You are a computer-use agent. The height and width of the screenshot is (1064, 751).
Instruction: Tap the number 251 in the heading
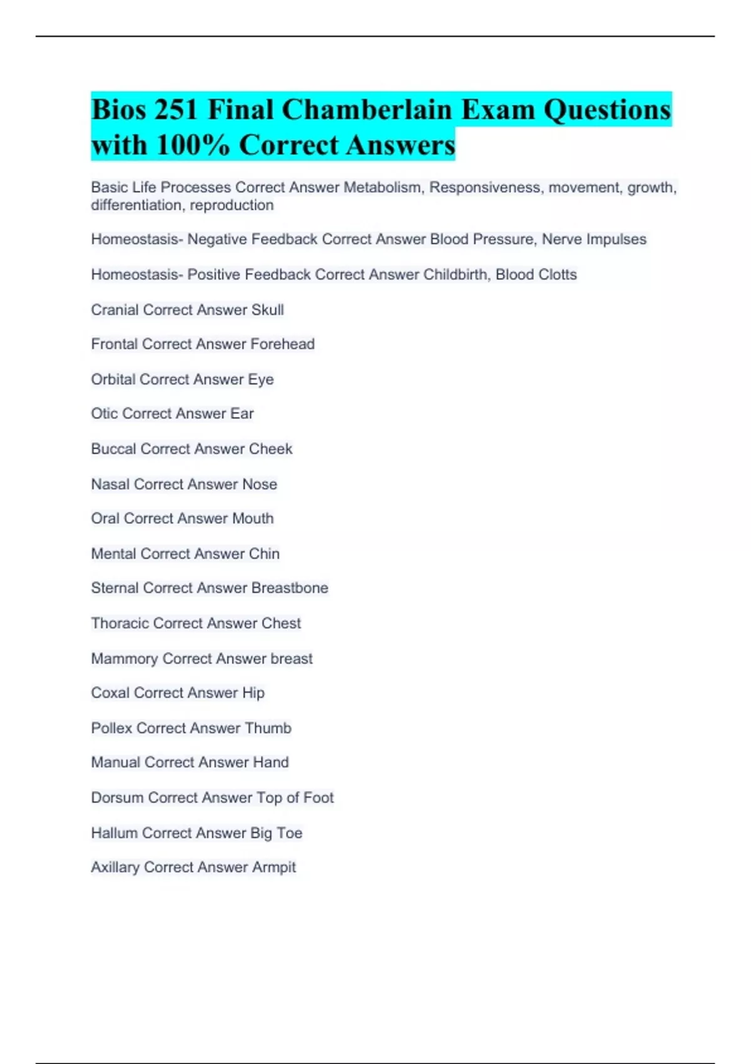(x=176, y=110)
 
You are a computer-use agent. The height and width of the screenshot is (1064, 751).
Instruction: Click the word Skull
(x=267, y=310)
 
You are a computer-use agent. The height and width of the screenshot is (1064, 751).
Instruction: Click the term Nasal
(x=110, y=484)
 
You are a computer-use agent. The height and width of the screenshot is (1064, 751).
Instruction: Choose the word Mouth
(x=253, y=518)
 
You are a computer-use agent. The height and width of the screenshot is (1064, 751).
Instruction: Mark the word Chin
(x=264, y=554)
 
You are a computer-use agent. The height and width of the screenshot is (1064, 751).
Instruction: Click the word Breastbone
(x=289, y=588)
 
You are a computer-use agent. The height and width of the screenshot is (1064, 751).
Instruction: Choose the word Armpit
(x=273, y=867)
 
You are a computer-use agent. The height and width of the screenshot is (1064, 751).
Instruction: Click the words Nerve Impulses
(x=594, y=239)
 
